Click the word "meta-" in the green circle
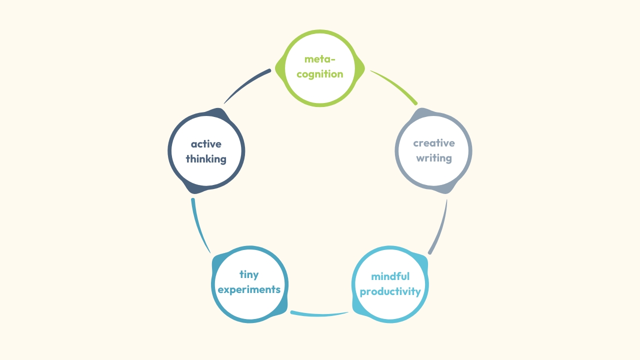coord(320,59)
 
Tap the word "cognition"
coord(320,74)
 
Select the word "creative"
coord(434,143)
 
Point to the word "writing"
coord(434,158)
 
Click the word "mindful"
coord(390,276)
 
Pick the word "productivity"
coord(390,291)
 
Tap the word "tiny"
coord(249,274)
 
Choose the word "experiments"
coord(249,289)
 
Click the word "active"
coord(206,144)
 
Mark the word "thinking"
coord(206,159)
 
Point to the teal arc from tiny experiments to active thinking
coord(198,227)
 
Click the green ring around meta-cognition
coord(320,32)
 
